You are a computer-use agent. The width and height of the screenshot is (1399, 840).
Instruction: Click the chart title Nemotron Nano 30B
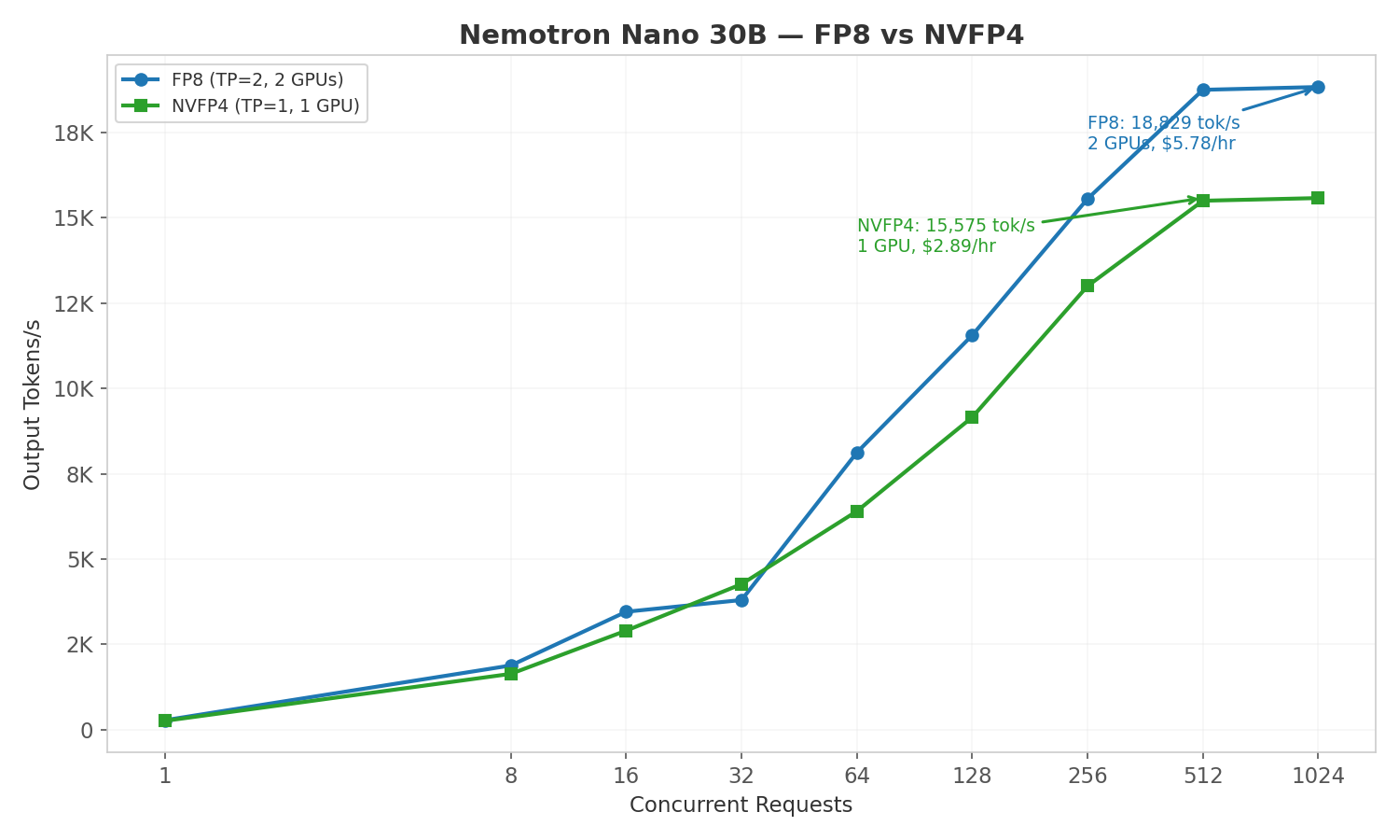point(741,35)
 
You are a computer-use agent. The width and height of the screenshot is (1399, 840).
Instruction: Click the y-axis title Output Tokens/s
point(33,404)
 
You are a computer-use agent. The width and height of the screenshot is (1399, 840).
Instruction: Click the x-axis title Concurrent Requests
point(741,805)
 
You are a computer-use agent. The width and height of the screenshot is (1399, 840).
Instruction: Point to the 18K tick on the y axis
point(74,133)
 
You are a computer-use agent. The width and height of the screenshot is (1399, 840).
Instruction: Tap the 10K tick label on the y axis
point(74,388)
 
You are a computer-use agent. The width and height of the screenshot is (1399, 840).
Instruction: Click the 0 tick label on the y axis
point(87,730)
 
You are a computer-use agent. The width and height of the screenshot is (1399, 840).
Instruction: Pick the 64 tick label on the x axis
point(856,776)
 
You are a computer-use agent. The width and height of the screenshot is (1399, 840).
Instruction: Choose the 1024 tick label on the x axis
point(1317,776)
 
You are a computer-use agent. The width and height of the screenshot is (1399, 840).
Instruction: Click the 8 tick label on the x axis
point(511,776)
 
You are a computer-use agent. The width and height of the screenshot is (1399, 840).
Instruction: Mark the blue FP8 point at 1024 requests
point(1318,87)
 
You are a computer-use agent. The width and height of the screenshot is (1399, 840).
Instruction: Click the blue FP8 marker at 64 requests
point(857,453)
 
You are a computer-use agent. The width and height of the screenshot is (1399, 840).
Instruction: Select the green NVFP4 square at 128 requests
point(972,417)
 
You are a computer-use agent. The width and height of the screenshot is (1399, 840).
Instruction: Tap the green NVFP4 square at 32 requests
point(741,584)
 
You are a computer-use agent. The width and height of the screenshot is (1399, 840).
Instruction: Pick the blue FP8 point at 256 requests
point(1087,199)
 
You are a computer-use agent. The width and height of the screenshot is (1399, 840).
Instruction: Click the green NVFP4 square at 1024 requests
point(1318,198)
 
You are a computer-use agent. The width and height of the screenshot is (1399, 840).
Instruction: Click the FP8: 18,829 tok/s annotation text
point(1163,123)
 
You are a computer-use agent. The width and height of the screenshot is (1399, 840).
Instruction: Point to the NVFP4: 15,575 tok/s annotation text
point(946,226)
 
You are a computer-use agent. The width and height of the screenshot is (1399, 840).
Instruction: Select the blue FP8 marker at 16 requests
point(626,611)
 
